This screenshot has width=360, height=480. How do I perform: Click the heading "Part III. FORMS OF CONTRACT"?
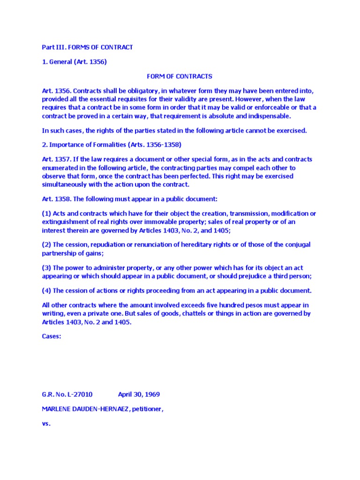point(88,47)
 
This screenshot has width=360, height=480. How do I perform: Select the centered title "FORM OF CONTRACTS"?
point(180,76)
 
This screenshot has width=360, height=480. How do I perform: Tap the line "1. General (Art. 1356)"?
point(75,61)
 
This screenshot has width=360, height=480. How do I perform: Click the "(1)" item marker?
point(46,214)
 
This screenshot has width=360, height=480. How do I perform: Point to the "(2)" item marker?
point(46,245)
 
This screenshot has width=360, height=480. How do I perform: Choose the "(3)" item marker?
point(46,268)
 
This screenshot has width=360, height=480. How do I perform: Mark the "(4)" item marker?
point(46,291)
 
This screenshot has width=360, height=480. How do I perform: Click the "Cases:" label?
point(52,336)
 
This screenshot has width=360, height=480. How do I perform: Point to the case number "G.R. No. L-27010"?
point(70,394)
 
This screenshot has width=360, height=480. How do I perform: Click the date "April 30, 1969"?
point(139,394)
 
